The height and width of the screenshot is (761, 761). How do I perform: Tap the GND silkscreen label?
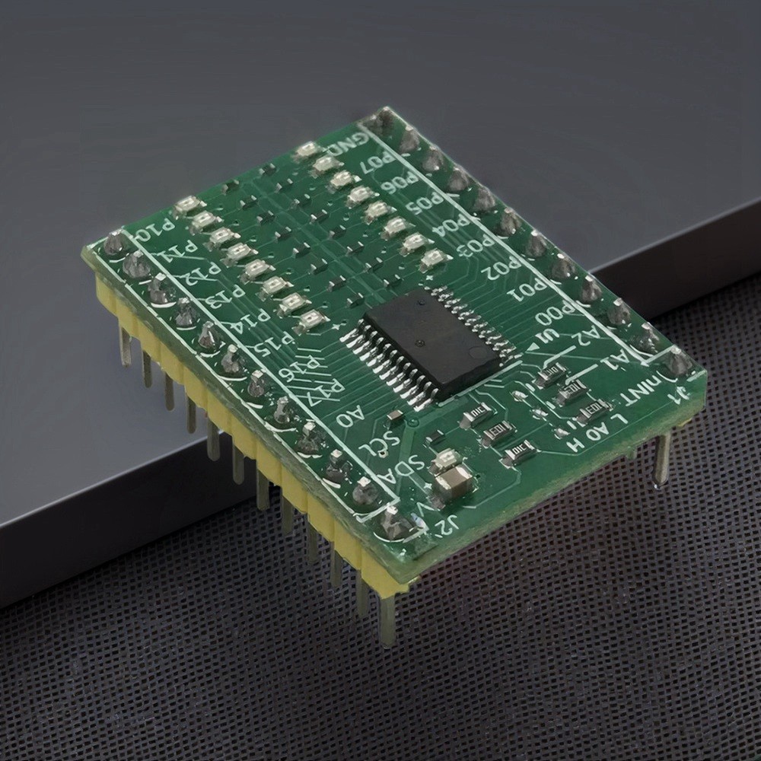click(349, 142)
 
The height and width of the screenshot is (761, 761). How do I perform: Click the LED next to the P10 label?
click(187, 205)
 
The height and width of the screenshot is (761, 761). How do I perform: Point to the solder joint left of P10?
click(115, 243)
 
